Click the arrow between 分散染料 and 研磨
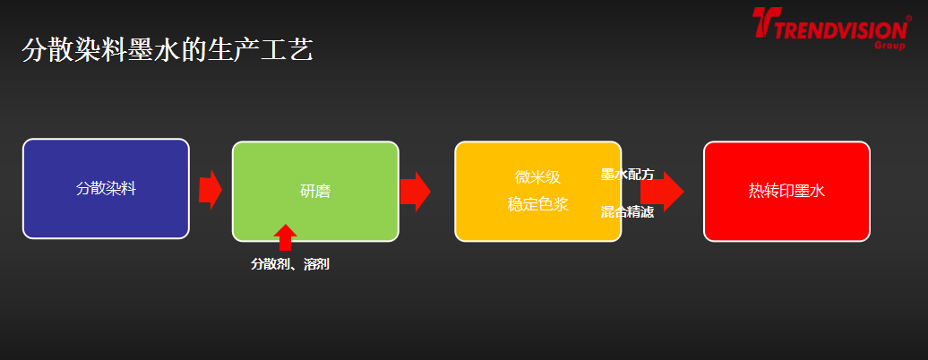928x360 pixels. click(x=211, y=189)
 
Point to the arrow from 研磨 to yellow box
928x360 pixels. click(x=415, y=191)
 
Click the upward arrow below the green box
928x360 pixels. click(x=285, y=238)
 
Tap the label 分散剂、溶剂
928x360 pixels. click(x=289, y=264)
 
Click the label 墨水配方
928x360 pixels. click(x=627, y=175)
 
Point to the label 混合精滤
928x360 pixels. click(x=627, y=212)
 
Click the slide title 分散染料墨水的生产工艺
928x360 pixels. click(x=167, y=50)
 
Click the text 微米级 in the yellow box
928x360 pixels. click(x=537, y=177)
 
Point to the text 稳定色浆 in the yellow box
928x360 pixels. click(x=537, y=204)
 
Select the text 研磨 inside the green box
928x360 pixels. click(x=315, y=191)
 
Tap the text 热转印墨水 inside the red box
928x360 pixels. click(x=786, y=191)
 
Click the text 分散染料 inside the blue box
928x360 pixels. click(x=106, y=189)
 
